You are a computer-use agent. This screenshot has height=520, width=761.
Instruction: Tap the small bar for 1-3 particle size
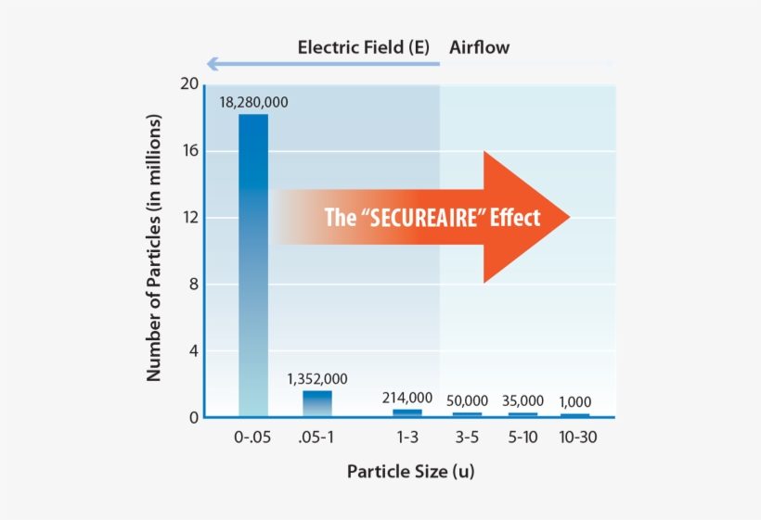[407, 412]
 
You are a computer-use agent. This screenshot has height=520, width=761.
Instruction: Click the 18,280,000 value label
[253, 102]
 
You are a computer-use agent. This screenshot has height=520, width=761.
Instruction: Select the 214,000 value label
[407, 398]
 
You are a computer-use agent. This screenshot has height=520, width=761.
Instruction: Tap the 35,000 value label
[523, 401]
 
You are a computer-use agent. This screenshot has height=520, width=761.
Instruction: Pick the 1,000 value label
[574, 401]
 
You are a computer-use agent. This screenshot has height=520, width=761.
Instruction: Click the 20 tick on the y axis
[189, 84]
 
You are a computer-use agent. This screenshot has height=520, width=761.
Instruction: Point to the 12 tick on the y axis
[189, 218]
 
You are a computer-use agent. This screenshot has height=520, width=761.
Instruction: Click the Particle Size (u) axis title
[410, 471]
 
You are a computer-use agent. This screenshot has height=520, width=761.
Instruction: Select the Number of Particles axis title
[155, 248]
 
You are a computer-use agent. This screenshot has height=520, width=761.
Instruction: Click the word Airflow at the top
[479, 47]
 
